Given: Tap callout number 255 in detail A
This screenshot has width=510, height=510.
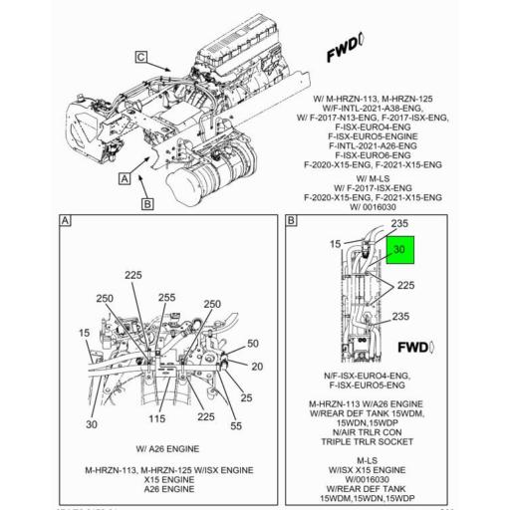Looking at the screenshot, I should click(165, 298).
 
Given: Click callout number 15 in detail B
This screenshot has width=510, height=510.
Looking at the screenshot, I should click(337, 244).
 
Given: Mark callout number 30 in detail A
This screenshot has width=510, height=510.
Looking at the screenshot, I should click(91, 425).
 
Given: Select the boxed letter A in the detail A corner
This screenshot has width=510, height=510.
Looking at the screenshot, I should click(66, 221).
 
